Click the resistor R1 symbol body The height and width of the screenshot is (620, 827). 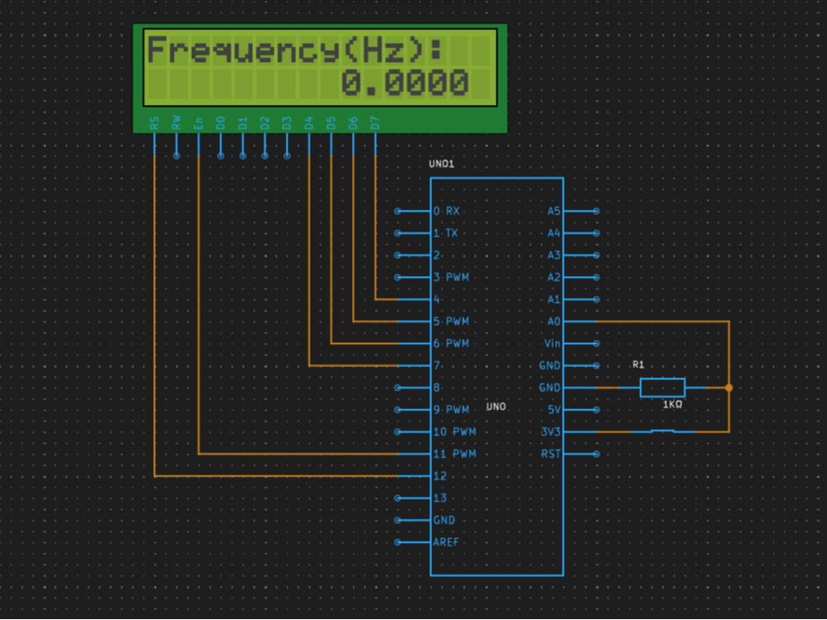(x=662, y=388)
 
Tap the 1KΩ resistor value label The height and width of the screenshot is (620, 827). (x=672, y=404)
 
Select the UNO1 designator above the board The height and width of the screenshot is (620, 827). (x=441, y=163)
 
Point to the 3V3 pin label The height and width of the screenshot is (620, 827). (x=551, y=432)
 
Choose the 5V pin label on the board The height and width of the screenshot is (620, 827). (x=554, y=410)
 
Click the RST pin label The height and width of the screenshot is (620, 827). (x=551, y=454)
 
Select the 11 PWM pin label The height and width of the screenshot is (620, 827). (x=454, y=454)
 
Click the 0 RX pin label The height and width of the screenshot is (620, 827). (x=447, y=211)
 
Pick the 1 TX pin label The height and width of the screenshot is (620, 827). (x=447, y=233)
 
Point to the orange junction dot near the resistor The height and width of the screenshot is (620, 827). (x=729, y=388)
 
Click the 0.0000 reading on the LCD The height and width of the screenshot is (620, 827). (x=405, y=83)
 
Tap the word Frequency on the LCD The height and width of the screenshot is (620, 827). (x=242, y=51)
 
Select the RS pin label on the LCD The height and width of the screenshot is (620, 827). (x=154, y=124)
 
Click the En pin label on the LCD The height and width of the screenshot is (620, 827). (x=199, y=124)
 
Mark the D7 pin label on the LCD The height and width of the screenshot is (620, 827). (x=375, y=124)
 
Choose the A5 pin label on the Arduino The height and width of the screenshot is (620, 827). (x=553, y=211)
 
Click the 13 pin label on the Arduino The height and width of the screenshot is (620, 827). (x=441, y=498)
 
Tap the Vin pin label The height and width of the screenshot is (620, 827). (x=552, y=344)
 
